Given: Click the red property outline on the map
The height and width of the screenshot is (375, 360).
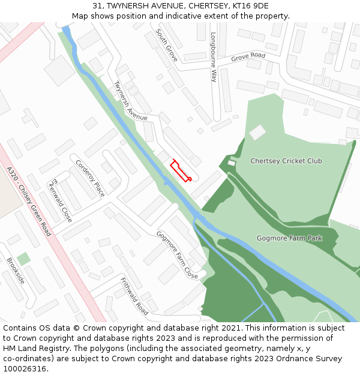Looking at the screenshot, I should point(181,170).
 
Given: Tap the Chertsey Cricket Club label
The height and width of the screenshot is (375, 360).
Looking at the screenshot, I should point(286,161).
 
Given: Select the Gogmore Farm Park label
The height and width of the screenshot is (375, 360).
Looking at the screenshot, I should point(289,238).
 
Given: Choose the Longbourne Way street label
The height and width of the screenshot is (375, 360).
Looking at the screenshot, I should point(213,57).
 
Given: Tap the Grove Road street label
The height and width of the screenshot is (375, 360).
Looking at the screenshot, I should point(248,57).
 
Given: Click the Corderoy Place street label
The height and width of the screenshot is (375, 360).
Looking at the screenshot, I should point(90,178).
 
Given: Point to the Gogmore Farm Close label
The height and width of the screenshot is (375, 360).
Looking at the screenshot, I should point(177,254).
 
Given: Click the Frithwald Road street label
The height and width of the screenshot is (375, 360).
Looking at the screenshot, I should point(134,296).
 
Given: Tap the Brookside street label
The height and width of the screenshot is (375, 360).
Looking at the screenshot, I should point(16,270).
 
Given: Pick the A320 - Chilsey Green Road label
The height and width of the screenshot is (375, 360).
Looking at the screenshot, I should point(29,201).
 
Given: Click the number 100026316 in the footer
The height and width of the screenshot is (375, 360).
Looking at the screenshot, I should point(26,369).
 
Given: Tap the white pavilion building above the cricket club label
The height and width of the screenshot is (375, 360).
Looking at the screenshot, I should point(257,132).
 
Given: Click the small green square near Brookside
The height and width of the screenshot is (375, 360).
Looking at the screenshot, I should point(23,259).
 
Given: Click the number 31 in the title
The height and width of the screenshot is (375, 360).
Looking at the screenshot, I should point(97,6).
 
